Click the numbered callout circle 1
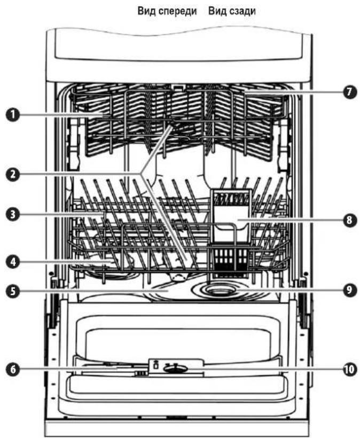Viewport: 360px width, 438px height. (13, 115)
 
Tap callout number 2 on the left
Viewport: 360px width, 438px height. (13, 175)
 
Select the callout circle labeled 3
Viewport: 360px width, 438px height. (13, 215)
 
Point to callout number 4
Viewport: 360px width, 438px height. (13, 262)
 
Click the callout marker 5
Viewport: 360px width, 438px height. (13, 291)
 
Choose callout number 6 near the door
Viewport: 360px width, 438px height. (13, 369)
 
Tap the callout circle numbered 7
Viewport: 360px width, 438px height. (350, 92)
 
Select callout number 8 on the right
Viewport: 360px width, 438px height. (350, 220)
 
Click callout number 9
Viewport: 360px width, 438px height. (350, 290)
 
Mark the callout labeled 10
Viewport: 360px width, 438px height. (350, 369)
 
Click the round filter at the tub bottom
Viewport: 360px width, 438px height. (221, 291)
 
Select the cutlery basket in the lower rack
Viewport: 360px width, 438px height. (228, 260)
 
